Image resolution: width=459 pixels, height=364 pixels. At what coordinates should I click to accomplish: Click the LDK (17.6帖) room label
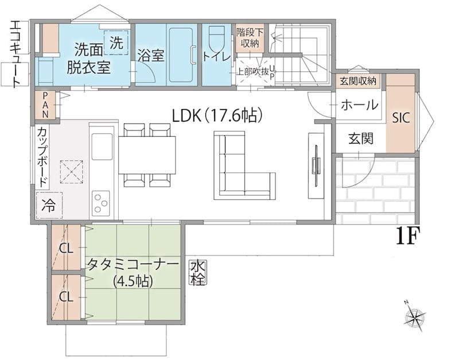[x=216, y=115]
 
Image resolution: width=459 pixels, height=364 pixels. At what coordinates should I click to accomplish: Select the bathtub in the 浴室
[x=181, y=55]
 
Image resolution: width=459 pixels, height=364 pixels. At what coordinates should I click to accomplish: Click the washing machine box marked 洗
[x=116, y=42]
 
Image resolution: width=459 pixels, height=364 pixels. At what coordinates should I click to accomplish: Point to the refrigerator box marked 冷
[x=49, y=206]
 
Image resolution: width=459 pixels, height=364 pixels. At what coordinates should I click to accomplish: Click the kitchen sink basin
[x=102, y=146]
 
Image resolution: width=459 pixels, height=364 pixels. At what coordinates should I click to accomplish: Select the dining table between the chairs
[x=147, y=155]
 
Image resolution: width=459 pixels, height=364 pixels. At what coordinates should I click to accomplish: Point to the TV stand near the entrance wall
[x=316, y=166]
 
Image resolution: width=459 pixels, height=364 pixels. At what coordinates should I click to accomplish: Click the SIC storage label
[x=400, y=118]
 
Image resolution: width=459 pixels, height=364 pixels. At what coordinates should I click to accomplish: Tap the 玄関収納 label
[x=357, y=81]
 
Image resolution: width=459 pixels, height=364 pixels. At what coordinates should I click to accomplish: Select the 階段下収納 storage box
[x=250, y=38]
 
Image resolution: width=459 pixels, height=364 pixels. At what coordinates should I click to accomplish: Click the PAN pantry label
[x=45, y=105]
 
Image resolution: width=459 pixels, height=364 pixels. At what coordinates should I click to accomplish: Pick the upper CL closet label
[x=66, y=249]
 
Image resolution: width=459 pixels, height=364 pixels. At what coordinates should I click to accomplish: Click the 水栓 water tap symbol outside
[x=198, y=273]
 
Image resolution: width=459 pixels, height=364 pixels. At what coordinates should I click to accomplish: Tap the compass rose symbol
[x=415, y=316]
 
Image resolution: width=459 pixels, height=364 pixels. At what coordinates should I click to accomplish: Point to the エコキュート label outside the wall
[x=15, y=54]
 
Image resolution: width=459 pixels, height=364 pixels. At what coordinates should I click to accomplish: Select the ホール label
[x=360, y=105]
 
